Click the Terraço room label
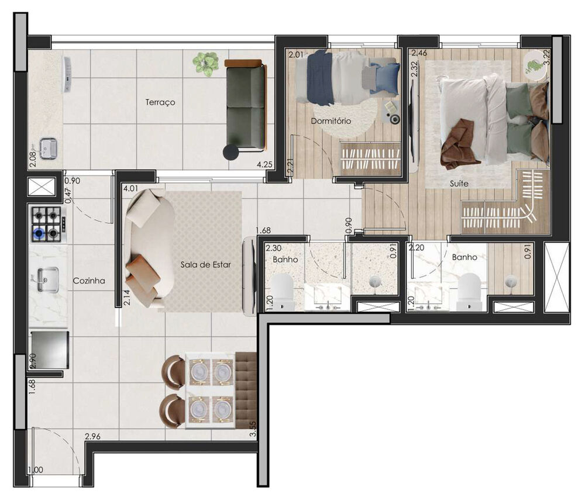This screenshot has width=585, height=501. (160, 102)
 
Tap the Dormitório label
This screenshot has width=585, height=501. (331, 121)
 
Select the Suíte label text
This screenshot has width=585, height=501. (459, 183)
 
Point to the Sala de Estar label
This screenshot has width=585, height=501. (205, 264)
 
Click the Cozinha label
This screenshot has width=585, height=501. (89, 281)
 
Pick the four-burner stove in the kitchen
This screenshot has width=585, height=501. (48, 224)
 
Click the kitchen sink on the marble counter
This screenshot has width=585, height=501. (48, 279)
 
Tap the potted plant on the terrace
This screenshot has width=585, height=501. (205, 64)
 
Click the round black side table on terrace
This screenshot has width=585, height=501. (231, 153)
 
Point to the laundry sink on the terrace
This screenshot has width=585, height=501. (47, 148)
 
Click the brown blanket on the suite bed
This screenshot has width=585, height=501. (460, 144)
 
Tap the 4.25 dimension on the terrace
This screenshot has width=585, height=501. (264, 164)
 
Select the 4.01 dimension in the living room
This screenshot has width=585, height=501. (130, 188)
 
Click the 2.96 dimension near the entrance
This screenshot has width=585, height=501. (92, 436)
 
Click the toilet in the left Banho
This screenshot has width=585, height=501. (283, 291)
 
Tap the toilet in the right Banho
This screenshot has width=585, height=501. (470, 290)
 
